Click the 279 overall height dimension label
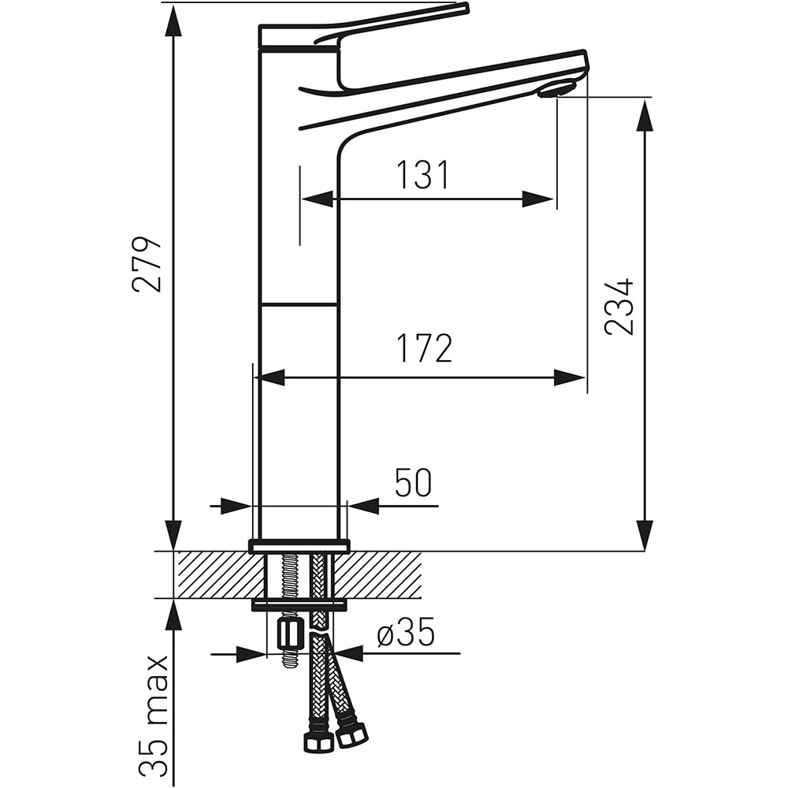(147, 263)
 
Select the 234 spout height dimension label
(619, 307)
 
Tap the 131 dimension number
(422, 175)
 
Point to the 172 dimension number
(425, 348)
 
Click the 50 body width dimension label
(414, 483)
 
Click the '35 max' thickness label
(158, 715)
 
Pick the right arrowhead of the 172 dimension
(569, 378)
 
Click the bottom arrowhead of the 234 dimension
(645, 534)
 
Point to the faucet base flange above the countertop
(299, 545)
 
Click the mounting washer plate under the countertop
(299, 605)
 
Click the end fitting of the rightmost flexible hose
(351, 735)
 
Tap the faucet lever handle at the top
(378, 24)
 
